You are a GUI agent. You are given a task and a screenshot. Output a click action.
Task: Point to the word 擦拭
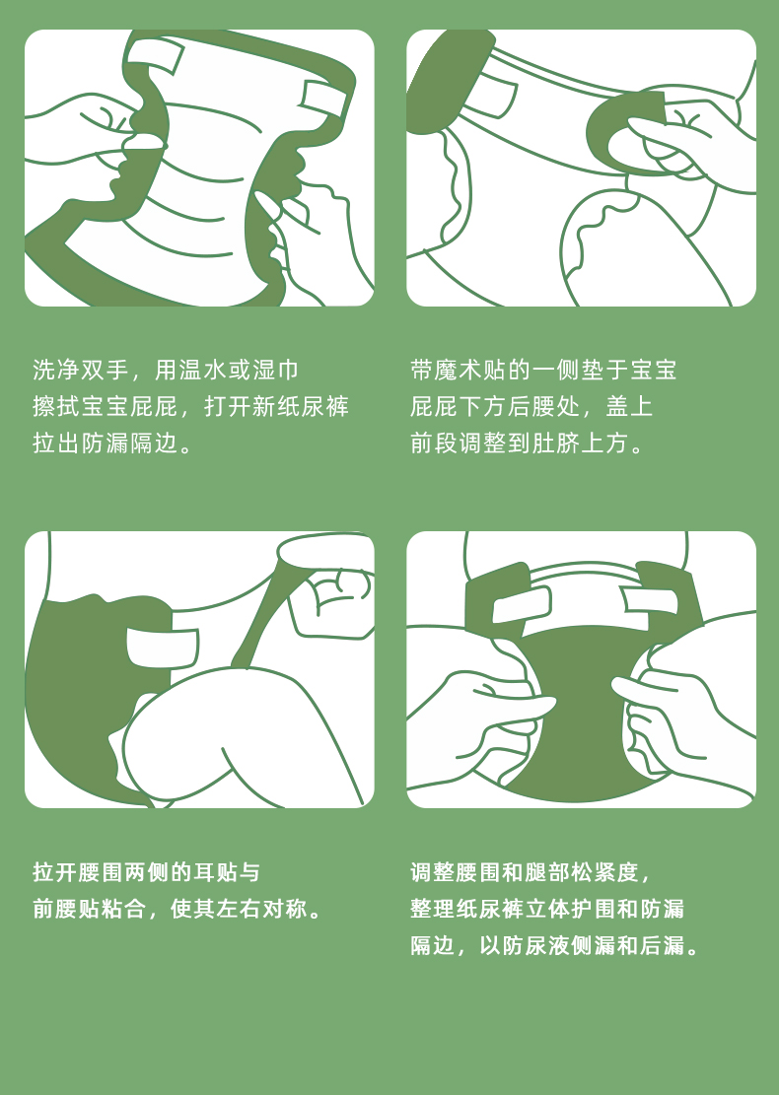point(56,406)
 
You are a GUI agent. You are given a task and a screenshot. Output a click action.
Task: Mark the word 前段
point(434,443)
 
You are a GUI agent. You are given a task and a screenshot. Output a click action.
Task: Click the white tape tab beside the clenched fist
point(162,648)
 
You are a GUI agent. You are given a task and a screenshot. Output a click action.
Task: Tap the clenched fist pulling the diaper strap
point(335,600)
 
